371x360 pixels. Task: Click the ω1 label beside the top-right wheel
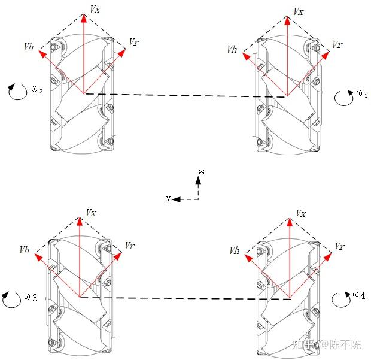pyautogui.click(x=361, y=93)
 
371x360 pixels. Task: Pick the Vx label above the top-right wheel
pyautogui.click(x=298, y=11)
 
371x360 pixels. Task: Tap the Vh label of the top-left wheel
pyautogui.click(x=29, y=46)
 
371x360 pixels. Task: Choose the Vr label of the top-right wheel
pyautogui.click(x=337, y=45)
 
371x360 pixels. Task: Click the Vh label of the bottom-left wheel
pyautogui.click(x=25, y=250)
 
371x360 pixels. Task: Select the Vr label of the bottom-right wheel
pyautogui.click(x=339, y=247)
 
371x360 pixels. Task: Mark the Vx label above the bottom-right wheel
pyautogui.click(x=301, y=213)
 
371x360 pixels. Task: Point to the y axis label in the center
pyautogui.click(x=168, y=198)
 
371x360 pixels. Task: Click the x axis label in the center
pyautogui.click(x=202, y=173)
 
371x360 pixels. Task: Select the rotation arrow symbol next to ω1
pyautogui.click(x=343, y=98)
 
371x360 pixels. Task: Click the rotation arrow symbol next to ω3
pyautogui.click(x=11, y=299)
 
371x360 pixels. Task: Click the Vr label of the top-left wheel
pyautogui.click(x=135, y=43)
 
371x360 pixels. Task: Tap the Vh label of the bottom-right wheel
pyautogui.click(x=235, y=251)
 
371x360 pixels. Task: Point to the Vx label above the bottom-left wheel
pyautogui.click(x=91, y=213)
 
